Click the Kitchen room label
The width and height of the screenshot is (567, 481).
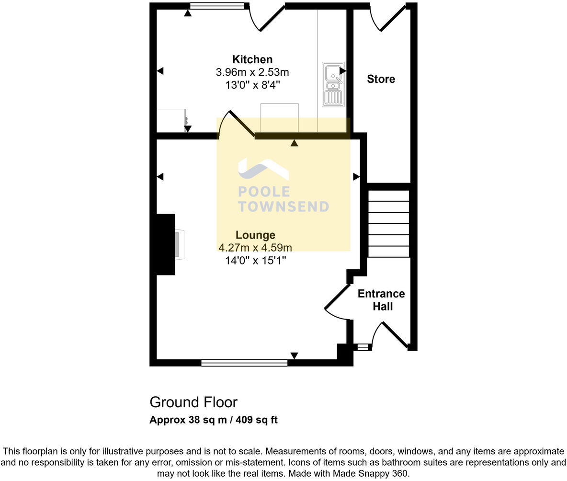[x=252, y=59]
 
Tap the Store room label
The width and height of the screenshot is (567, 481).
[x=381, y=79]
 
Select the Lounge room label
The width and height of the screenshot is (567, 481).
[x=255, y=235]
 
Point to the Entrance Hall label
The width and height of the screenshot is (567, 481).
[x=382, y=300]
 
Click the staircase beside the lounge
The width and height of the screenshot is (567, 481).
[x=388, y=224]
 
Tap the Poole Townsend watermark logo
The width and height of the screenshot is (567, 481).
[x=283, y=185]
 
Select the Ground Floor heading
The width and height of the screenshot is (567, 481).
[x=193, y=402]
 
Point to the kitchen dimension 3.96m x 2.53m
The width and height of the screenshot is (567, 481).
[x=252, y=73]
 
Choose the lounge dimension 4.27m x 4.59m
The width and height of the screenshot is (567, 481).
[x=255, y=248]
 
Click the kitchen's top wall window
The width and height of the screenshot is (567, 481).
[x=217, y=6]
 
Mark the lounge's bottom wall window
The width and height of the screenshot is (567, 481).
[x=244, y=363]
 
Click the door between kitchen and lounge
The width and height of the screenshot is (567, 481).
[x=236, y=126]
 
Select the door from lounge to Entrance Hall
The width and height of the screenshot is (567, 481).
[x=337, y=302]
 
